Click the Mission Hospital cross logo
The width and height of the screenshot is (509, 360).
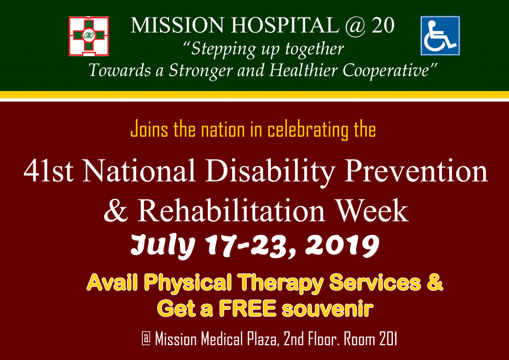pos(88,36)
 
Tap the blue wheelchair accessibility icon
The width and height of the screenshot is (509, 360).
pos(440,36)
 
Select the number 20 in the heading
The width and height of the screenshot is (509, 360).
pos(383,26)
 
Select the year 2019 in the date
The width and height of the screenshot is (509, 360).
pos(346,245)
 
